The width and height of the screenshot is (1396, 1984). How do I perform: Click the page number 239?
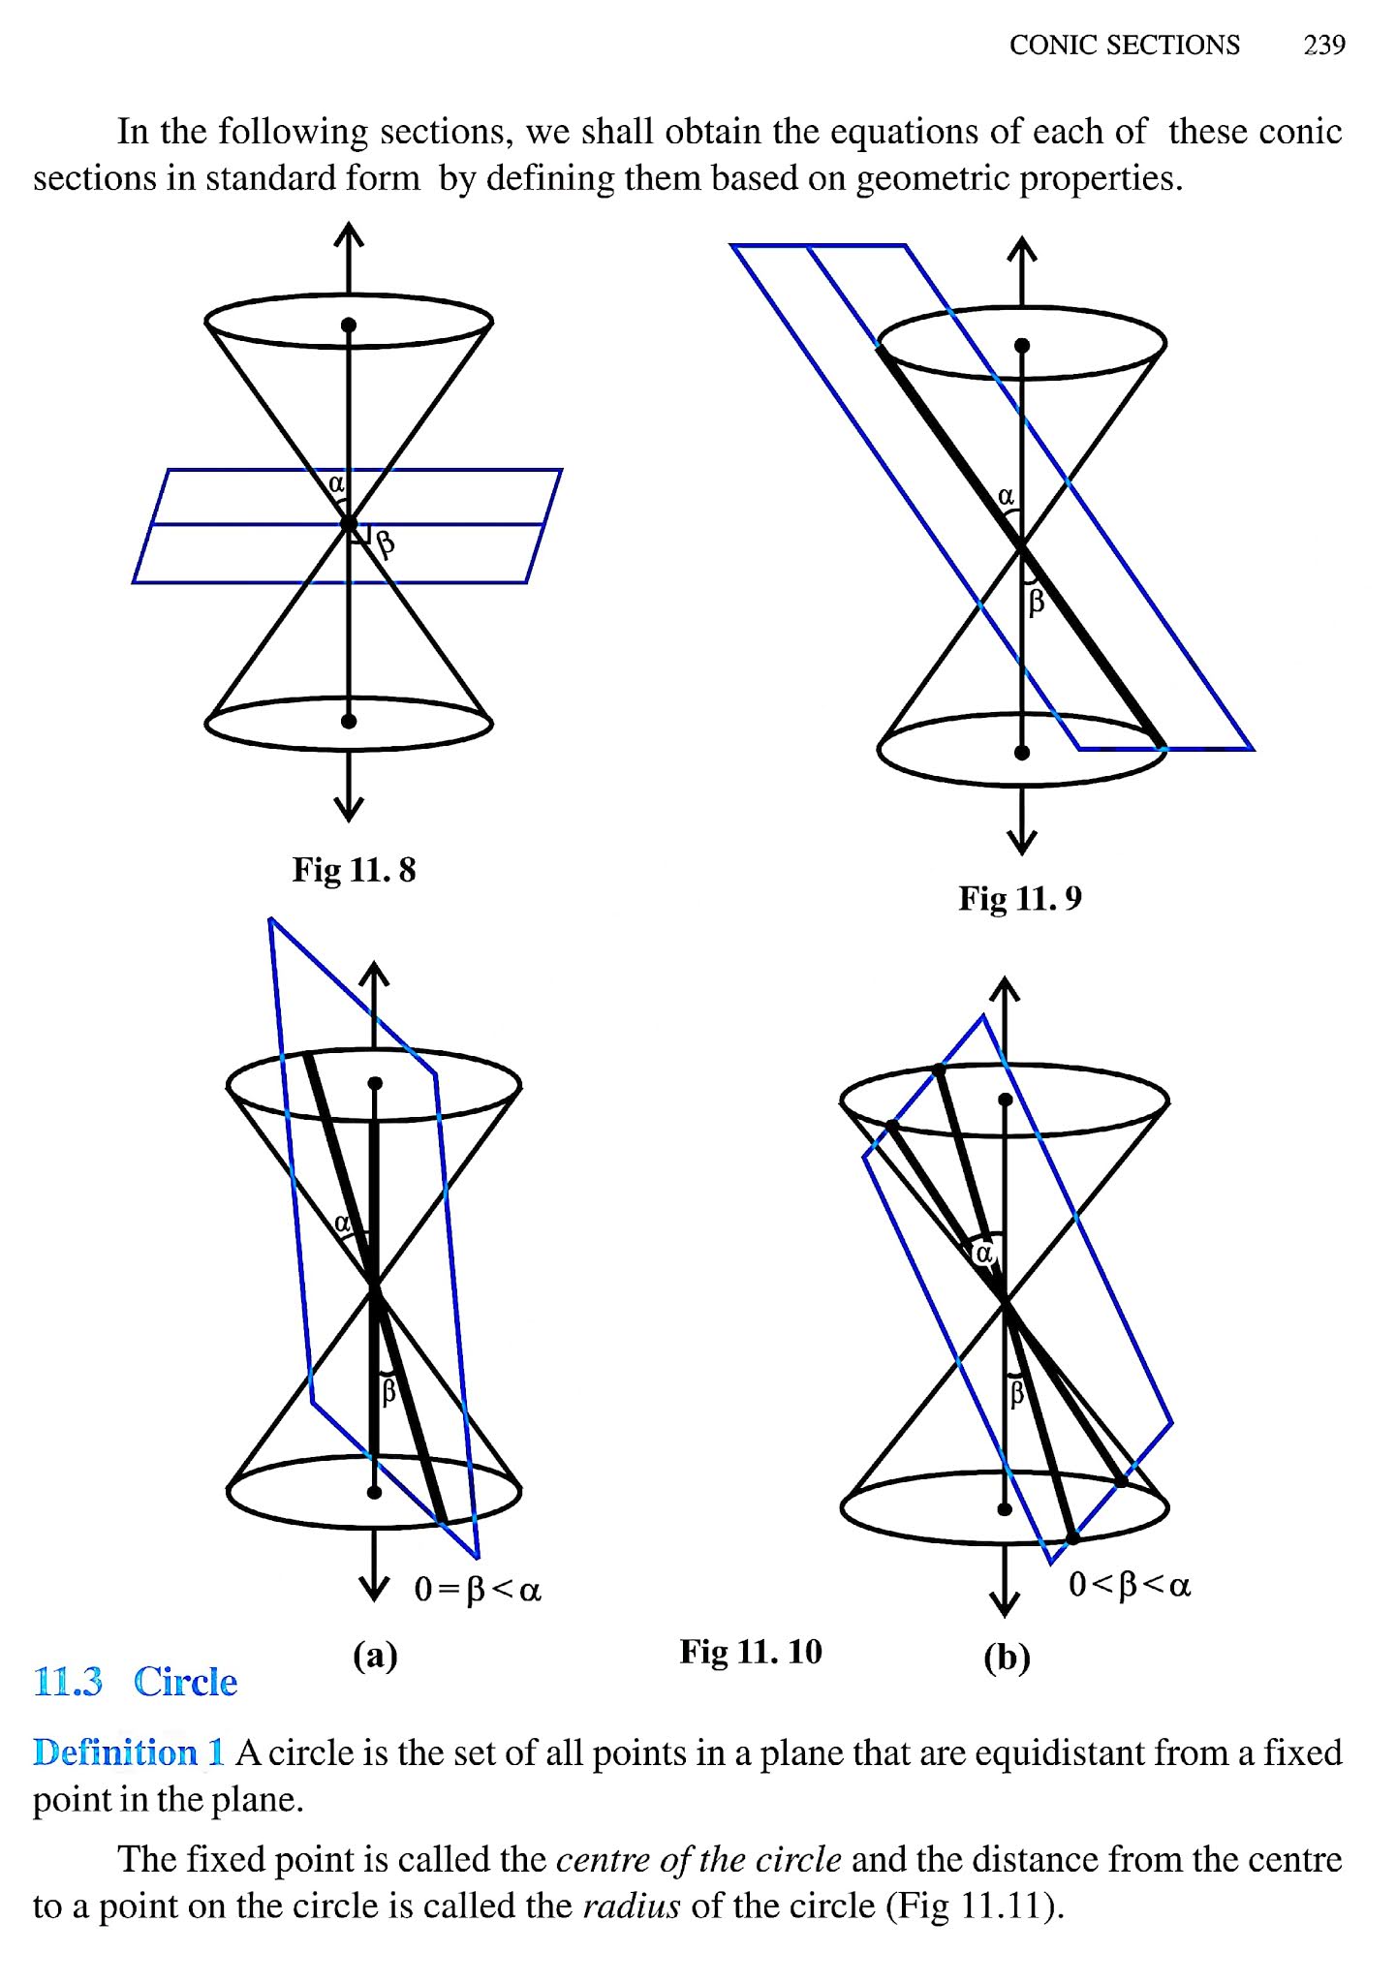[x=1323, y=45]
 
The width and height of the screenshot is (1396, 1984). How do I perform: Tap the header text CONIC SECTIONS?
[x=1124, y=45]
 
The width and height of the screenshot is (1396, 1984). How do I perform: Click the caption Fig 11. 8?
[x=354, y=869]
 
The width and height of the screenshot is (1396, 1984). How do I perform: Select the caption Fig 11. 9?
[x=1019, y=898]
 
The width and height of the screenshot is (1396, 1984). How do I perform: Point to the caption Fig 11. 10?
[x=751, y=1651]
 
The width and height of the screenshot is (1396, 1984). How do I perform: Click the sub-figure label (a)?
[x=375, y=1656]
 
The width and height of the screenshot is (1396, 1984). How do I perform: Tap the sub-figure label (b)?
[x=1007, y=1658]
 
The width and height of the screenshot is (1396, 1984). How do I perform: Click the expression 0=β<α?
[x=478, y=1589]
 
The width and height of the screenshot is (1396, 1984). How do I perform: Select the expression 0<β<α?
[x=1130, y=1585]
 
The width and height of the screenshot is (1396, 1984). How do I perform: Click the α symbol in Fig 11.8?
[x=336, y=482]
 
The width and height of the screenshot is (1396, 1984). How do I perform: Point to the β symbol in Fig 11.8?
[x=386, y=544]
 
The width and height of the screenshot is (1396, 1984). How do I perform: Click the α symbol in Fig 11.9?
[x=1007, y=496]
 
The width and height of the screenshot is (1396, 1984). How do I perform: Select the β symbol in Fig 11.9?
[x=1036, y=602]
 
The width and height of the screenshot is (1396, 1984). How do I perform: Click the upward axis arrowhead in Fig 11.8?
[x=349, y=233]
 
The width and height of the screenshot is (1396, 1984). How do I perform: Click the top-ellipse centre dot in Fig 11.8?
[x=349, y=325]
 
